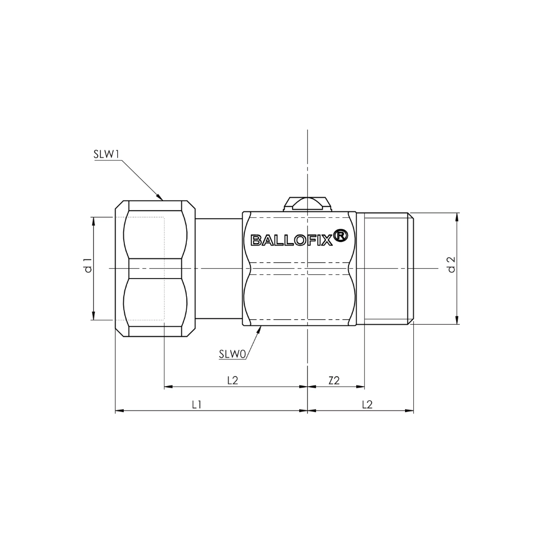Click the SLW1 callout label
click(x=106, y=154)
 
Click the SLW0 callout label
click(x=232, y=354)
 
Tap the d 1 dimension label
click(x=89, y=265)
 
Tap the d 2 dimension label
click(x=452, y=265)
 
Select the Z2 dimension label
click(x=334, y=381)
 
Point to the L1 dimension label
click(x=197, y=405)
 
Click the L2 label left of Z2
click(x=233, y=381)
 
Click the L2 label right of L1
click(x=367, y=405)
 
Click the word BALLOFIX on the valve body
click(x=292, y=240)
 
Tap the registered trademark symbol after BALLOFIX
click(x=340, y=236)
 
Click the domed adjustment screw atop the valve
click(x=307, y=204)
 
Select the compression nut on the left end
click(x=155, y=268)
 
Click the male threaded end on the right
click(x=386, y=268)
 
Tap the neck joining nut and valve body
click(x=219, y=268)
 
